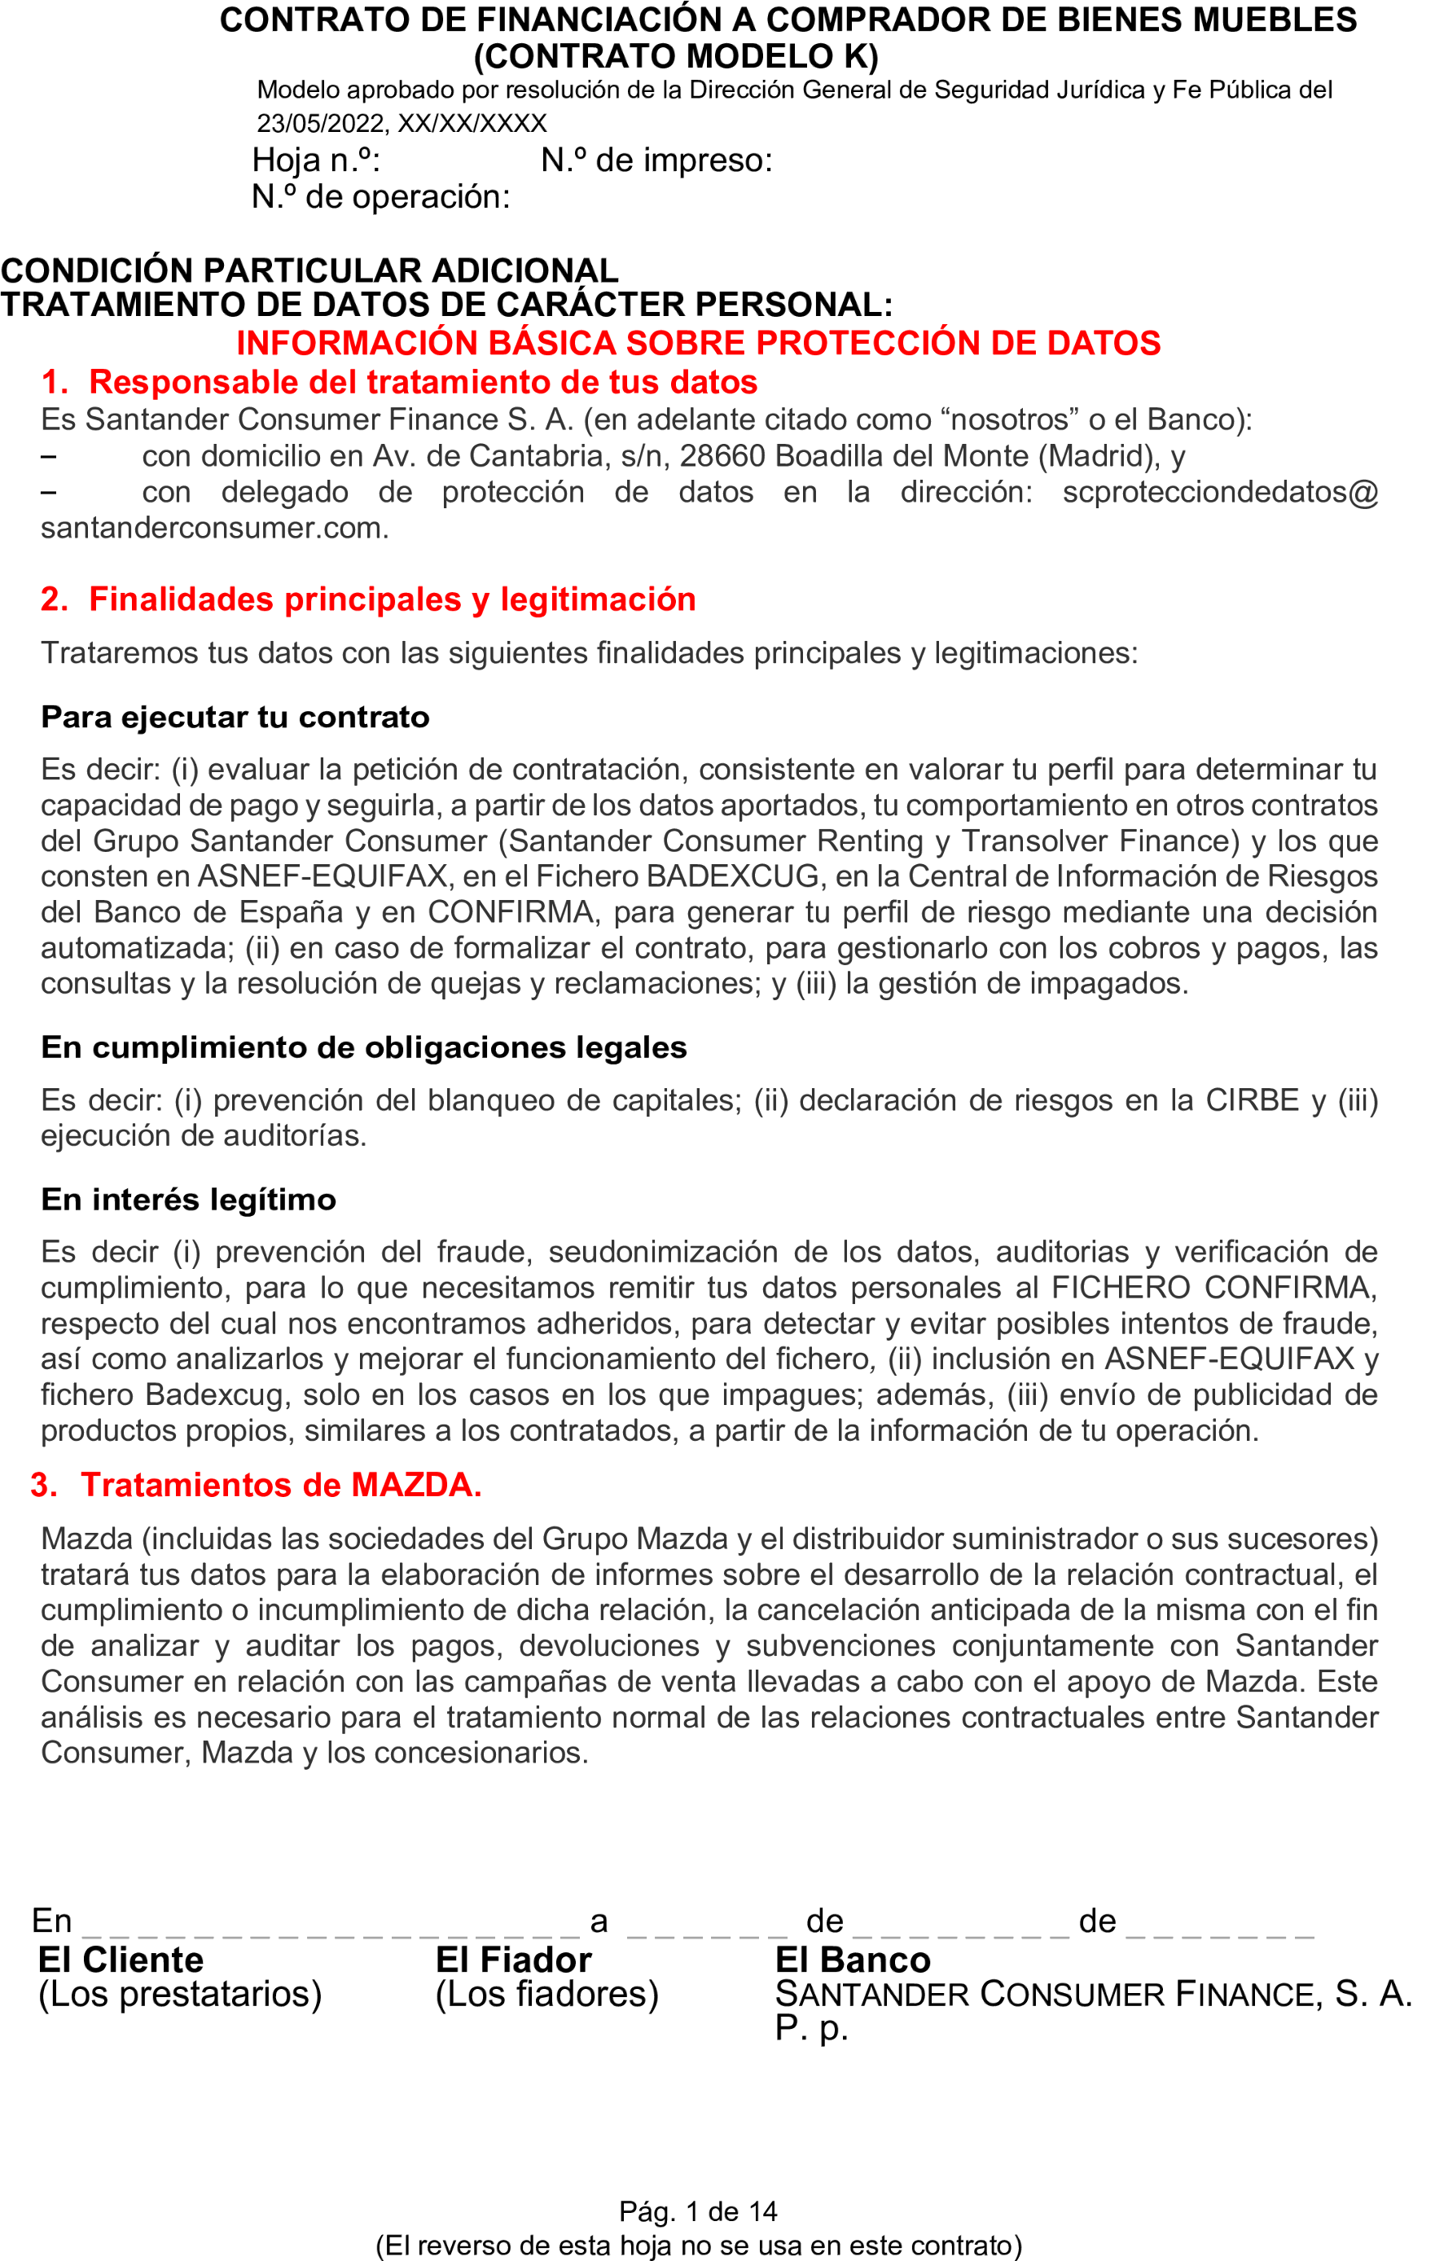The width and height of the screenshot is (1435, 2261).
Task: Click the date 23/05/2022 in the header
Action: click(x=320, y=124)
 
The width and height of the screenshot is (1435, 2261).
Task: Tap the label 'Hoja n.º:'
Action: click(x=315, y=160)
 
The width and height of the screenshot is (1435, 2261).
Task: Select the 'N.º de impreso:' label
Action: click(x=656, y=160)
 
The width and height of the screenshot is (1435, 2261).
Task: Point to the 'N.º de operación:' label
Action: click(x=380, y=197)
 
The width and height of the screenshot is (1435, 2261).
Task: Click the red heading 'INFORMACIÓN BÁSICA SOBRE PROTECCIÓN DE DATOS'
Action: click(x=698, y=344)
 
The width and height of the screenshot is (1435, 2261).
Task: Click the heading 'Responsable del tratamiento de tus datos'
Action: click(x=423, y=383)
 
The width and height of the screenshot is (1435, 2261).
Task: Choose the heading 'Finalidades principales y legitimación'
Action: click(x=392, y=600)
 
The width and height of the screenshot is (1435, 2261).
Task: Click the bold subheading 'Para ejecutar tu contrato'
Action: click(x=235, y=718)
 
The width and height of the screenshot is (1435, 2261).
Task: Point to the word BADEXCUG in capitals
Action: click(x=732, y=876)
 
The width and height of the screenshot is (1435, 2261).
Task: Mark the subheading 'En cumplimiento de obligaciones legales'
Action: click(x=363, y=1048)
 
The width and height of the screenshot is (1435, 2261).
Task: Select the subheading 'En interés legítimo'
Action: click(x=188, y=1200)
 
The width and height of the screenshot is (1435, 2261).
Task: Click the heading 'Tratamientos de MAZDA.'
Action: click(x=281, y=1486)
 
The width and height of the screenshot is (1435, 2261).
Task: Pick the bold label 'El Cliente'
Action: click(x=121, y=1960)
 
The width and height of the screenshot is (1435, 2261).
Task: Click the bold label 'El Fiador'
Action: click(x=513, y=1960)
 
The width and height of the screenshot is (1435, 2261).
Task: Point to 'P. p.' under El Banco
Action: click(x=811, y=2029)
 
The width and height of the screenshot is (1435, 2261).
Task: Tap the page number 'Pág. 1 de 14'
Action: click(x=698, y=2211)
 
